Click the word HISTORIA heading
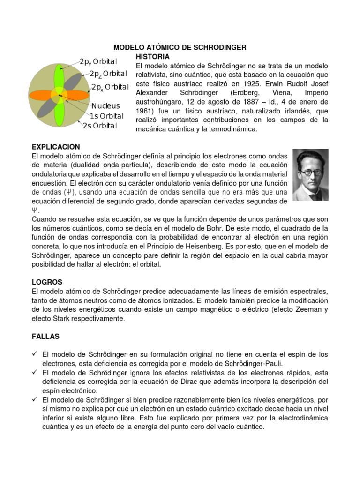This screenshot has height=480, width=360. pos(152,56)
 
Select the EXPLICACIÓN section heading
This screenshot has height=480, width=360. pos(56,147)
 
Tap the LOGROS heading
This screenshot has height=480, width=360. pos(47,282)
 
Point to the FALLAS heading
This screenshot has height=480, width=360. pos(45,337)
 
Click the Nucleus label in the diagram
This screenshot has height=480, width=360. pos(105,106)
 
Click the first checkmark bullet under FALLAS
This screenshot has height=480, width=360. pos(35,354)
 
